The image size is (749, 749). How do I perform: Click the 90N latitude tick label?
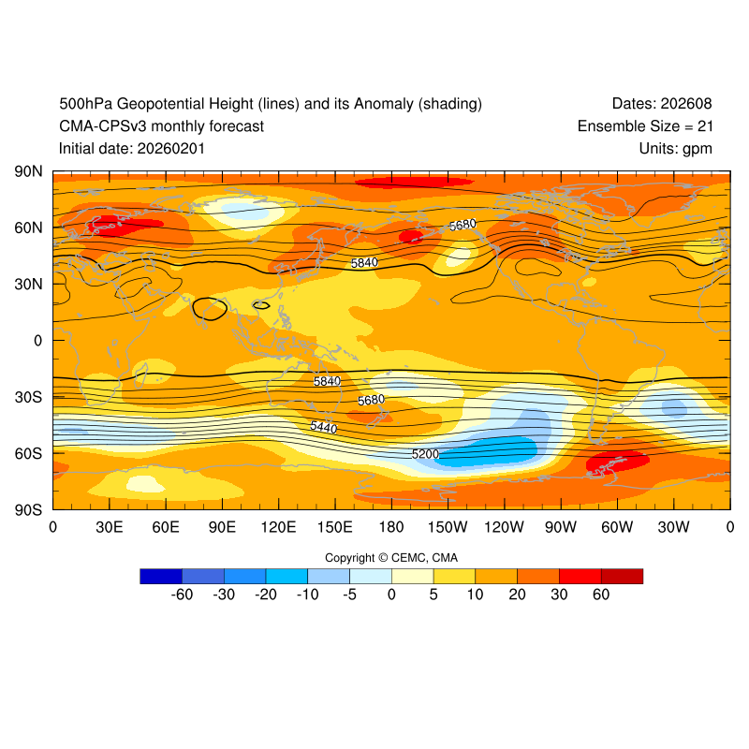(x=27, y=172)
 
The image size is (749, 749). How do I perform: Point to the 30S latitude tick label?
(x=27, y=397)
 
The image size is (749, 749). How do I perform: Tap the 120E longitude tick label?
(x=278, y=528)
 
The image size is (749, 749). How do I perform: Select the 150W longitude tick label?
(x=448, y=528)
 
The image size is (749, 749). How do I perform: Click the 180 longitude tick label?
(x=391, y=528)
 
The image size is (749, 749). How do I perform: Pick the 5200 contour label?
(x=425, y=454)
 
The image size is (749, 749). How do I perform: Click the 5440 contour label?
(x=323, y=426)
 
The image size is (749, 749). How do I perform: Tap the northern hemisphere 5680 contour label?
(x=463, y=226)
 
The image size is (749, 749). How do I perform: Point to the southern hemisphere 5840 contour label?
(x=327, y=381)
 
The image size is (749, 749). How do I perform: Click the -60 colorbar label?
(x=182, y=595)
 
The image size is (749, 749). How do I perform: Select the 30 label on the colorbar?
(x=559, y=595)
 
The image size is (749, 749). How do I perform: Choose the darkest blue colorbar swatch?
(x=161, y=576)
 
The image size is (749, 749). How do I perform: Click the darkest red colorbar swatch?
(x=622, y=576)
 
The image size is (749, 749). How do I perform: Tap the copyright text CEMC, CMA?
(x=391, y=558)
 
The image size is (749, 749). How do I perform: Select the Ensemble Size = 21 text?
(x=644, y=126)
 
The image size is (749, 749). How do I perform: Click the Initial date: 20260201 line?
(x=132, y=149)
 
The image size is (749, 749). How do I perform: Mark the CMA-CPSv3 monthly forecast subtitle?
(x=161, y=126)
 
